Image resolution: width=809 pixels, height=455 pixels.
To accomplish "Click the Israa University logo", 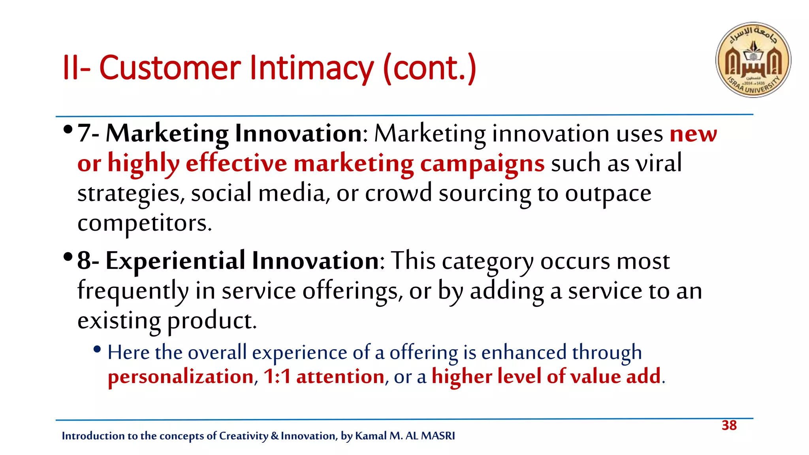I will [x=753, y=60].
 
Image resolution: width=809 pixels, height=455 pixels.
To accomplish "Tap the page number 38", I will [x=729, y=425].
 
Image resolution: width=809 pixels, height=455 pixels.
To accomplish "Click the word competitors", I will [x=145, y=224].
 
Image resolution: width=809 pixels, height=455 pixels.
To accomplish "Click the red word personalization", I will [x=181, y=376].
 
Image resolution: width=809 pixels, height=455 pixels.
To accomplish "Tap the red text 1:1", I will [x=277, y=376].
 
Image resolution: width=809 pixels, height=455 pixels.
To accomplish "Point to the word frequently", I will [x=133, y=291].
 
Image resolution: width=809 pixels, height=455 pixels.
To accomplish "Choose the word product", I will [x=212, y=321].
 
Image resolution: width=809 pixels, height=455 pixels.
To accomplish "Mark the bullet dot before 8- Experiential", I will [x=68, y=257].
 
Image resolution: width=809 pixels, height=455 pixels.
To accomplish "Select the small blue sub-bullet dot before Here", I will [x=97, y=349].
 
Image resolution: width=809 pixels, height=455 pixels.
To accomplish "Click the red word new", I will [x=693, y=134].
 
